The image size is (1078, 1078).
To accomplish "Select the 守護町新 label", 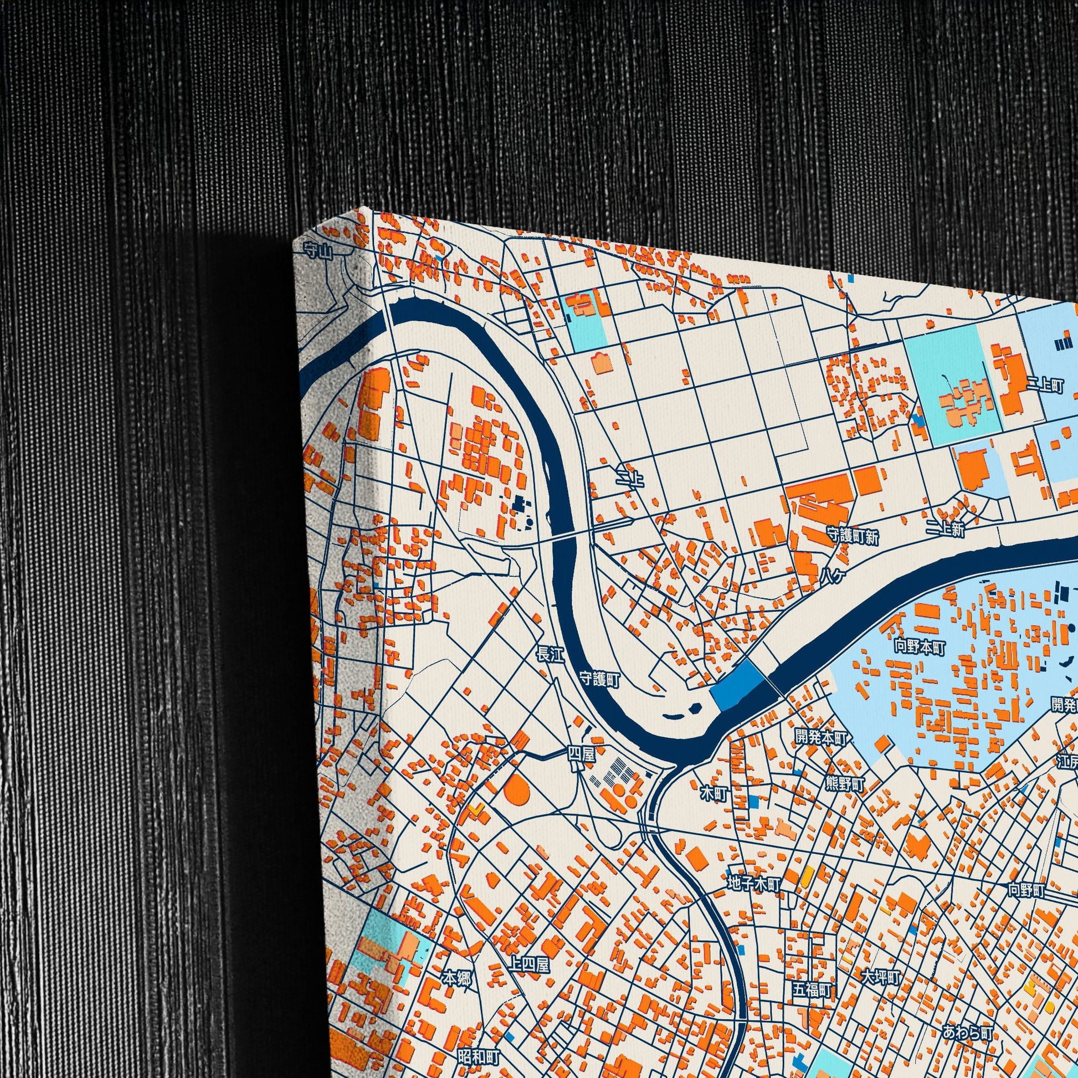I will point(853,537).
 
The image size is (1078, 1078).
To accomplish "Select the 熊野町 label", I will point(845,784).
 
